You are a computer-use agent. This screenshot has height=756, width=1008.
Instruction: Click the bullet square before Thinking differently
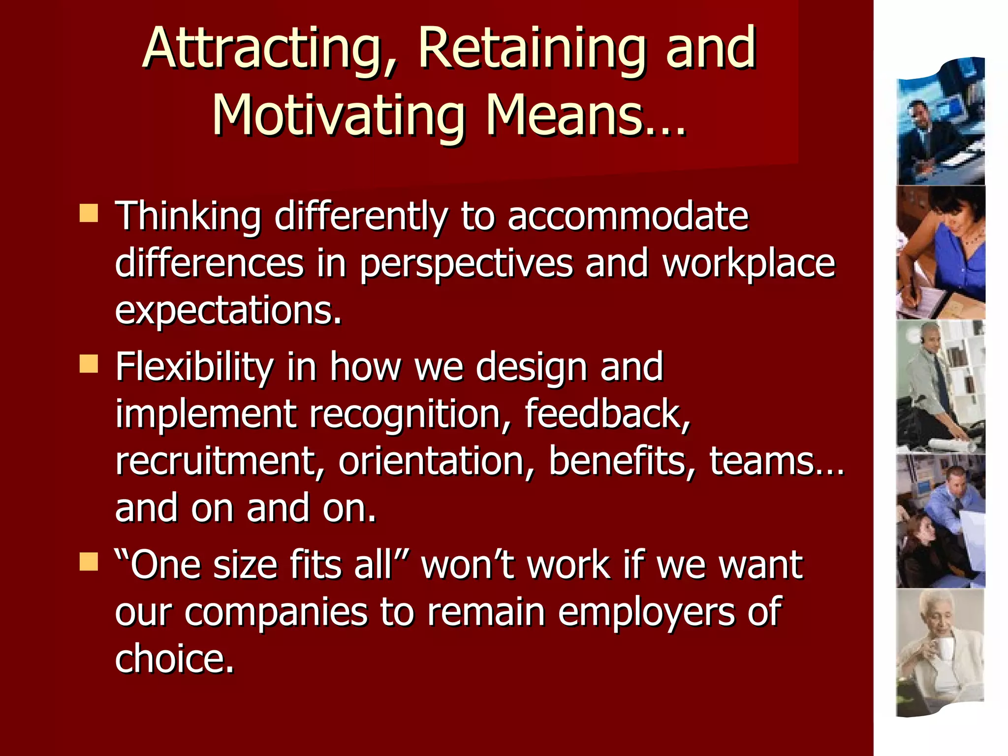pyautogui.click(x=89, y=214)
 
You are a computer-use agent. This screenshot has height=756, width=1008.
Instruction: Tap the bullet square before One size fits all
pyautogui.click(x=89, y=562)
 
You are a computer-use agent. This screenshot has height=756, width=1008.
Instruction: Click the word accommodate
pyautogui.click(x=628, y=217)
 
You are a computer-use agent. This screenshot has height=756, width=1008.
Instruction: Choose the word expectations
pyautogui.click(x=228, y=311)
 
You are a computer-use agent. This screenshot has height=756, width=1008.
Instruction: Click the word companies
pyautogui.click(x=276, y=612)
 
